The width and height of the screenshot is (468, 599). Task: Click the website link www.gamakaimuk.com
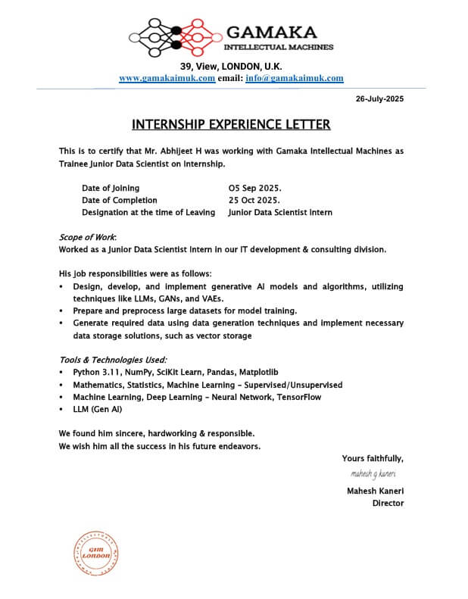point(167,78)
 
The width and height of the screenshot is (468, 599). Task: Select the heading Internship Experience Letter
point(231,124)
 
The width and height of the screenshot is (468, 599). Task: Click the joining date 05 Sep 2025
point(254,188)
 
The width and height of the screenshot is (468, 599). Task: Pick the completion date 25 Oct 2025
point(254,200)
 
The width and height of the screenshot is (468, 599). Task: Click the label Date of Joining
point(111,188)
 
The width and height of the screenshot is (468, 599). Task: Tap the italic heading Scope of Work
point(82,237)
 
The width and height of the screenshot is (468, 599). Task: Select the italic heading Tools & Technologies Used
point(113,360)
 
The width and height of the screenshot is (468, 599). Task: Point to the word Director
point(388,503)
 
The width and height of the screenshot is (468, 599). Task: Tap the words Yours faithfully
point(373,458)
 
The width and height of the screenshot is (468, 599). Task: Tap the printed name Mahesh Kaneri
point(375,491)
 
